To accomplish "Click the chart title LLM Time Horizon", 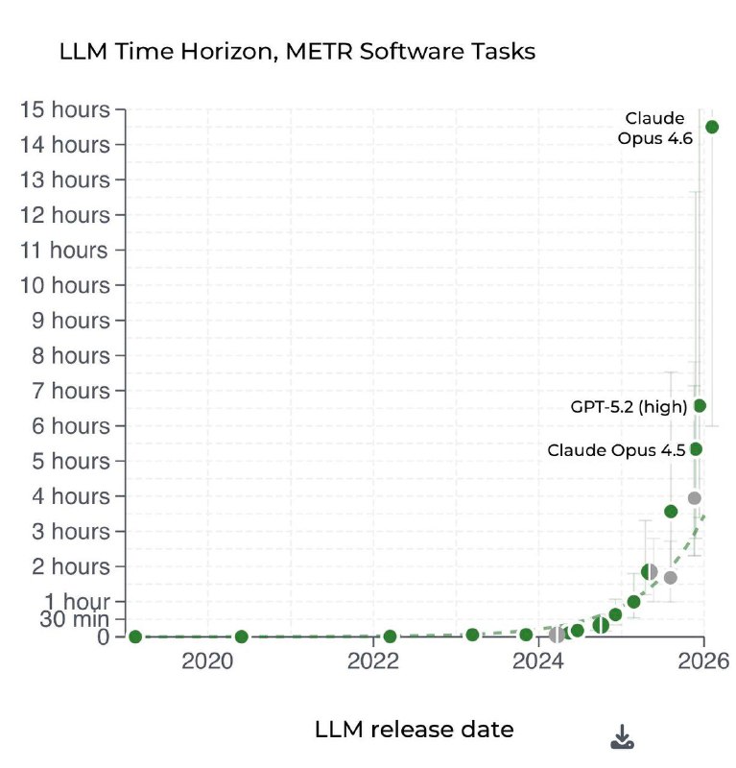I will (298, 52).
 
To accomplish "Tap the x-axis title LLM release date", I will (414, 730).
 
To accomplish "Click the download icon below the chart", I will (622, 736).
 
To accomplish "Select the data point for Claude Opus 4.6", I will (712, 127).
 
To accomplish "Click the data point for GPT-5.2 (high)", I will (700, 406).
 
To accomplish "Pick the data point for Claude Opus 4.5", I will (696, 449).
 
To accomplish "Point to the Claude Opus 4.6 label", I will (655, 128).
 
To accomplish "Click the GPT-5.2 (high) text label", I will (629, 406).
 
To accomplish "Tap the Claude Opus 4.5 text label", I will (616, 449).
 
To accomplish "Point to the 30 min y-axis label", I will (74, 619).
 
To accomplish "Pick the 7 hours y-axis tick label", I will (72, 391).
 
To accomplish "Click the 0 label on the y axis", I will (104, 636).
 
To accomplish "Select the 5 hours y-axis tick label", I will (72, 461).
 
